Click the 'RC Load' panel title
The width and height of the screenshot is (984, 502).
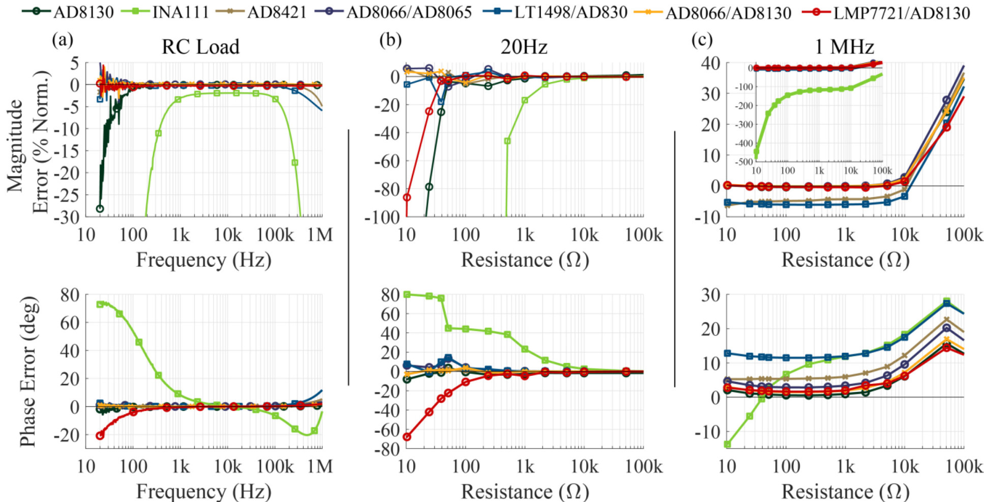pyautogui.click(x=200, y=47)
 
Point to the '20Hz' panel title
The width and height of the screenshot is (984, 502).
pyautogui.click(x=524, y=47)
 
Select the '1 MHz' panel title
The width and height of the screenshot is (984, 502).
pyautogui.click(x=844, y=47)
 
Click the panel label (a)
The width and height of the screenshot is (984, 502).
pyautogui.click(x=63, y=40)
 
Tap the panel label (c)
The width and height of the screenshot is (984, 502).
pyautogui.click(x=702, y=40)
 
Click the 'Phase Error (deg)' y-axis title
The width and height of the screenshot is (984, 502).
pyautogui.click(x=28, y=372)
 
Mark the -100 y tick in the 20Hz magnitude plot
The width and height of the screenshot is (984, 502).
pyautogui.click(x=382, y=217)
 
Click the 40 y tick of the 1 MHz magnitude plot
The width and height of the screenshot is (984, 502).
pyautogui.click(x=710, y=63)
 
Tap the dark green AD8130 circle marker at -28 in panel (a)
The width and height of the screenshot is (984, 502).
pyautogui.click(x=100, y=209)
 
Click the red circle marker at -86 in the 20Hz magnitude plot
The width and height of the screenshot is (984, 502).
pyautogui.click(x=407, y=198)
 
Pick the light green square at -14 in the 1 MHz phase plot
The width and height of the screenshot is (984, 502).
pyautogui.click(x=728, y=444)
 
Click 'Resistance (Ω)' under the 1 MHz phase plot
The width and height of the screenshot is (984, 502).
pyautogui.click(x=845, y=492)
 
